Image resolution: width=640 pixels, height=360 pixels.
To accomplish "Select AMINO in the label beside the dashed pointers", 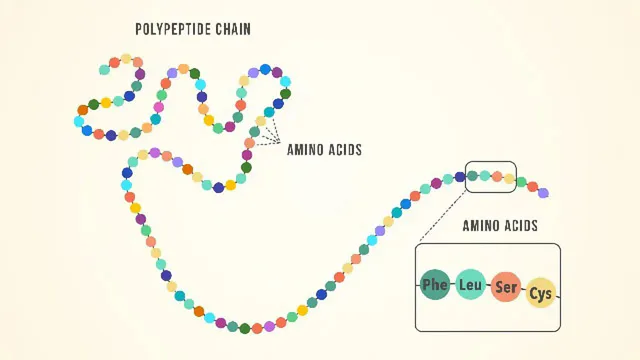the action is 305,150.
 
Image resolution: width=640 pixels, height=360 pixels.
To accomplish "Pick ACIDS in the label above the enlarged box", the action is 520,226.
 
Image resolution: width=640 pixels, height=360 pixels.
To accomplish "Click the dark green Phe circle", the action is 435,285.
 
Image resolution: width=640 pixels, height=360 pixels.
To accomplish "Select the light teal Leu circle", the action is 471,286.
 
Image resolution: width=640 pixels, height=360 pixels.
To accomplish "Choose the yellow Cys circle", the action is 541,292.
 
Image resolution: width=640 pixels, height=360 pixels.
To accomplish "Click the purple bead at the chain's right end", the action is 543,192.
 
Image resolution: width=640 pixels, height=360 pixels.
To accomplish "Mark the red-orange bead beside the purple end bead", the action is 532,186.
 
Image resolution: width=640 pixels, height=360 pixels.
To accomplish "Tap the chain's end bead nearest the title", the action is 104,70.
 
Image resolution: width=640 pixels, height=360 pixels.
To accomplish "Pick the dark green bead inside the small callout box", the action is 472,176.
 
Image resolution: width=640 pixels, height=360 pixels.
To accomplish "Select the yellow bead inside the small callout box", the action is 508,179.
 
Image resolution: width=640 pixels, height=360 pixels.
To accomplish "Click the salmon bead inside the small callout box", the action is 496,176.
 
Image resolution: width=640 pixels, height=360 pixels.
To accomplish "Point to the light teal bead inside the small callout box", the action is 484,175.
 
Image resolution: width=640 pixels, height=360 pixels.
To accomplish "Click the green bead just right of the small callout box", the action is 520,182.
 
